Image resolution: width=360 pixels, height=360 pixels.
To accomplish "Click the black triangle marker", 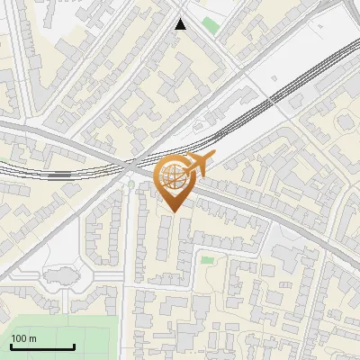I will tap(182, 24).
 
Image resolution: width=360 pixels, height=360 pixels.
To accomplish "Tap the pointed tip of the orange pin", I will tap(171, 212).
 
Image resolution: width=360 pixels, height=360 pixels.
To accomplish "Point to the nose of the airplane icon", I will tap(213, 157).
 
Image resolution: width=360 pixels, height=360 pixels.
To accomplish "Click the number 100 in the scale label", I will tap(19, 338).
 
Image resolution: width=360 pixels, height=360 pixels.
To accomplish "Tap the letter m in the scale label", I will tap(32, 338).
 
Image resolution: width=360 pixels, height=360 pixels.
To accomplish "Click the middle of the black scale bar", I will tap(42, 346).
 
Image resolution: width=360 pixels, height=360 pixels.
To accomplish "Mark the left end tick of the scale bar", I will tap(11, 345).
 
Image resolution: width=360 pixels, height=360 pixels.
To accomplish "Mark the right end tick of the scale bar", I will tap(74, 345).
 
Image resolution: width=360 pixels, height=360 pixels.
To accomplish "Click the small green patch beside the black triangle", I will tap(211, 24).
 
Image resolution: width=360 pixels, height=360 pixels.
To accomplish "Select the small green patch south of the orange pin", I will tap(208, 260).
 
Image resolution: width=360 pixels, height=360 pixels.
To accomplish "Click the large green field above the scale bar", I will tap(54, 326).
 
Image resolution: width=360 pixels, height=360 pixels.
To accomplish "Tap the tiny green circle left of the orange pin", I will tap(130, 185).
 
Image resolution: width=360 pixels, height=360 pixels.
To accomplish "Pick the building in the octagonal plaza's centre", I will tap(56, 279).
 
